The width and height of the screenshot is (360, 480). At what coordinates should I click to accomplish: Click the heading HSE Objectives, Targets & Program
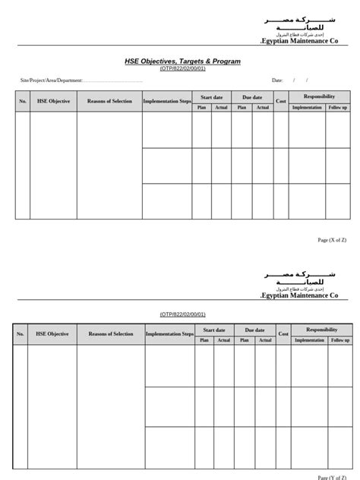pyautogui.click(x=182, y=61)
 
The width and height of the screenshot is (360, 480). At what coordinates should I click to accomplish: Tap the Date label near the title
pyautogui.click(x=277, y=80)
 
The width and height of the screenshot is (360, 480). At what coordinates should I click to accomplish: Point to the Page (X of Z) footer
pyautogui.click(x=331, y=240)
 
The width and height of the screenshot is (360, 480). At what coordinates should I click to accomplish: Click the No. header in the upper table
pyautogui.click(x=23, y=101)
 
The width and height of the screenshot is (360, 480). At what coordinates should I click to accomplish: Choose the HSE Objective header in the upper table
pyautogui.click(x=53, y=101)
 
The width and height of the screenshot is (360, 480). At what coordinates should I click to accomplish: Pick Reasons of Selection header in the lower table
pyautogui.click(x=110, y=333)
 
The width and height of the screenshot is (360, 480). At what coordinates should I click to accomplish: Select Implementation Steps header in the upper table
pyautogui.click(x=167, y=101)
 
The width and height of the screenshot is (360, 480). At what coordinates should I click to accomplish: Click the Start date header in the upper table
pyautogui.click(x=212, y=97)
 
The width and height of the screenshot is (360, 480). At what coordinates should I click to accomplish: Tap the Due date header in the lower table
pyautogui.click(x=254, y=330)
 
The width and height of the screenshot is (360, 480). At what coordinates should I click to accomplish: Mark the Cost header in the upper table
pyautogui.click(x=281, y=101)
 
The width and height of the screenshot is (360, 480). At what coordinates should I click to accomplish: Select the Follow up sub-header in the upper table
pyautogui.click(x=338, y=108)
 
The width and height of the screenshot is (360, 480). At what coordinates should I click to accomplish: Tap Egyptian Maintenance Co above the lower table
pyautogui.click(x=298, y=295)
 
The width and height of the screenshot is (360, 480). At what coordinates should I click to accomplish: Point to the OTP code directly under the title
pyautogui.click(x=182, y=68)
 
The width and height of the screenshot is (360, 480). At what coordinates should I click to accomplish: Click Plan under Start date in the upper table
pyautogui.click(x=202, y=108)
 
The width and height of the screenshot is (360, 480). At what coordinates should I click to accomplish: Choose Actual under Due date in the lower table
pyautogui.click(x=264, y=340)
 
